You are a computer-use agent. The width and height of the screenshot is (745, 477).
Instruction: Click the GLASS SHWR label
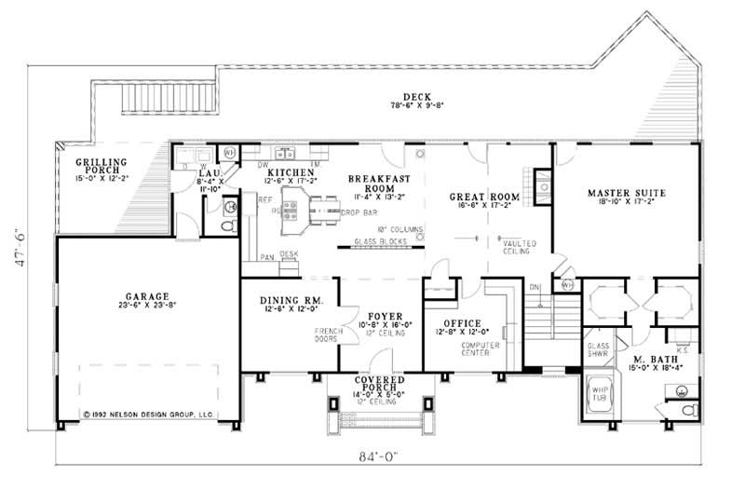click(598, 351)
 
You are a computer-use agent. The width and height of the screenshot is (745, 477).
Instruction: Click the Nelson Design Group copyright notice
click(148, 413)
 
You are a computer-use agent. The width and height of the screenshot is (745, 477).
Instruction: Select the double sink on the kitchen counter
click(283, 152)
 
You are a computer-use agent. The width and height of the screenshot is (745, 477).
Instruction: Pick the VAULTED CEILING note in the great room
click(520, 247)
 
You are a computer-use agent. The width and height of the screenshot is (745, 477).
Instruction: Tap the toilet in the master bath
click(688, 409)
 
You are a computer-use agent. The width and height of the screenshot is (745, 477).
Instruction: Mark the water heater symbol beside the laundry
click(229, 152)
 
